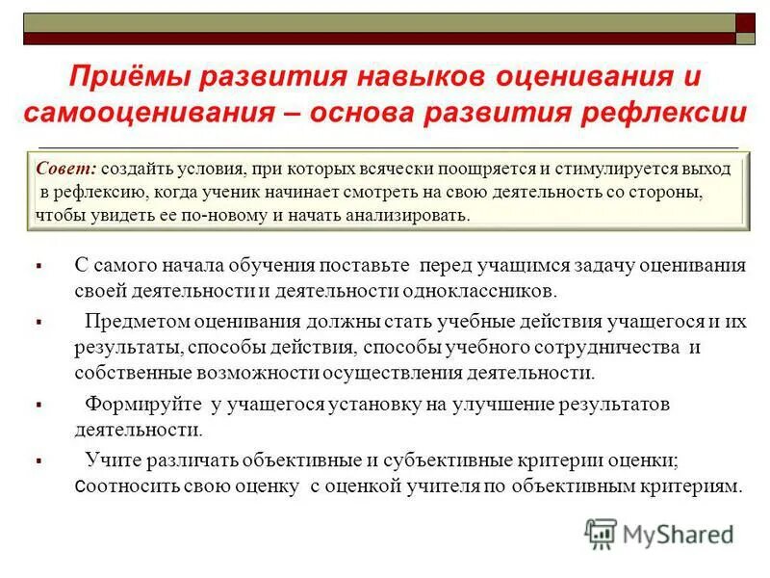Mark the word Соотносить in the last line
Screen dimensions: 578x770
pos(123,486)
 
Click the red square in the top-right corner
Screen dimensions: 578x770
pos(746,22)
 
